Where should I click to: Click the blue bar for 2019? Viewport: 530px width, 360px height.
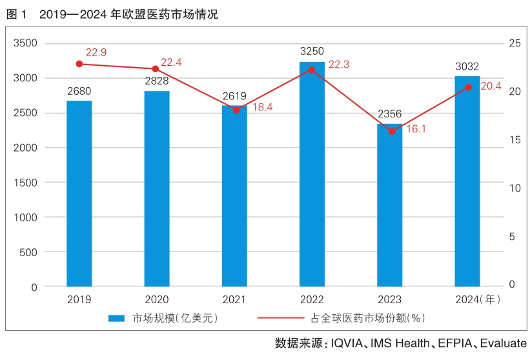[x=79, y=194]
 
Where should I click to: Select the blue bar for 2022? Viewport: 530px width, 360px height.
[x=312, y=174]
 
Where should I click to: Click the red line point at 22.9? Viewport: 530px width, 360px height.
[x=79, y=64]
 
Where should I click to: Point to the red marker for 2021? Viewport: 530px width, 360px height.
[x=236, y=110]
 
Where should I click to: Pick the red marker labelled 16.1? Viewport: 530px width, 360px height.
[x=391, y=131]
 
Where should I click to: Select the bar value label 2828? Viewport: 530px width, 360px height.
[x=156, y=80]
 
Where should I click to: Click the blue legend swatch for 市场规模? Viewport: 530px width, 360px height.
[x=116, y=318]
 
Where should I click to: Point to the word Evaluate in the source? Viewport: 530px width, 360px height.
[x=504, y=343]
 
